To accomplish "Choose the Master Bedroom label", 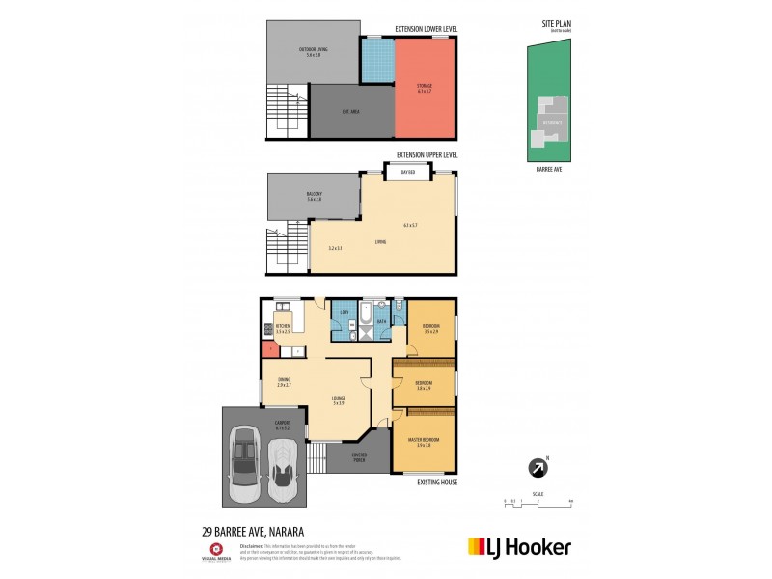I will [x=426, y=441].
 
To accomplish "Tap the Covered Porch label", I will [x=358, y=458].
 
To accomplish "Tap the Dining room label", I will [x=284, y=382].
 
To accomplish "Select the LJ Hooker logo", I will [x=519, y=546].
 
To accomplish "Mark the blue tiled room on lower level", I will [x=377, y=62].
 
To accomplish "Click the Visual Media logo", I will [x=216, y=552].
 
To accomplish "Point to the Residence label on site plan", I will [x=551, y=123].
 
